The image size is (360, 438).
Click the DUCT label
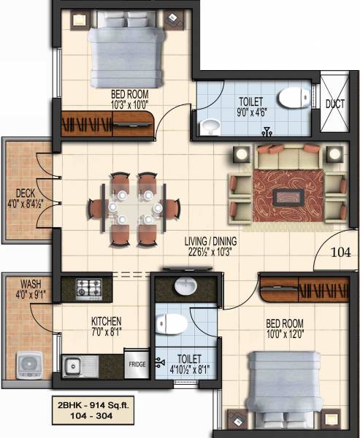coord(335,104)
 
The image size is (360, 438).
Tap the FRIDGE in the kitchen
coord(137,364)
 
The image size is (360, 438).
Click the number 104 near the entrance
coord(340,253)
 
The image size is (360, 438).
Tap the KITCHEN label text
coord(107,321)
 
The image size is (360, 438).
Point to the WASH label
coord(30,284)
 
